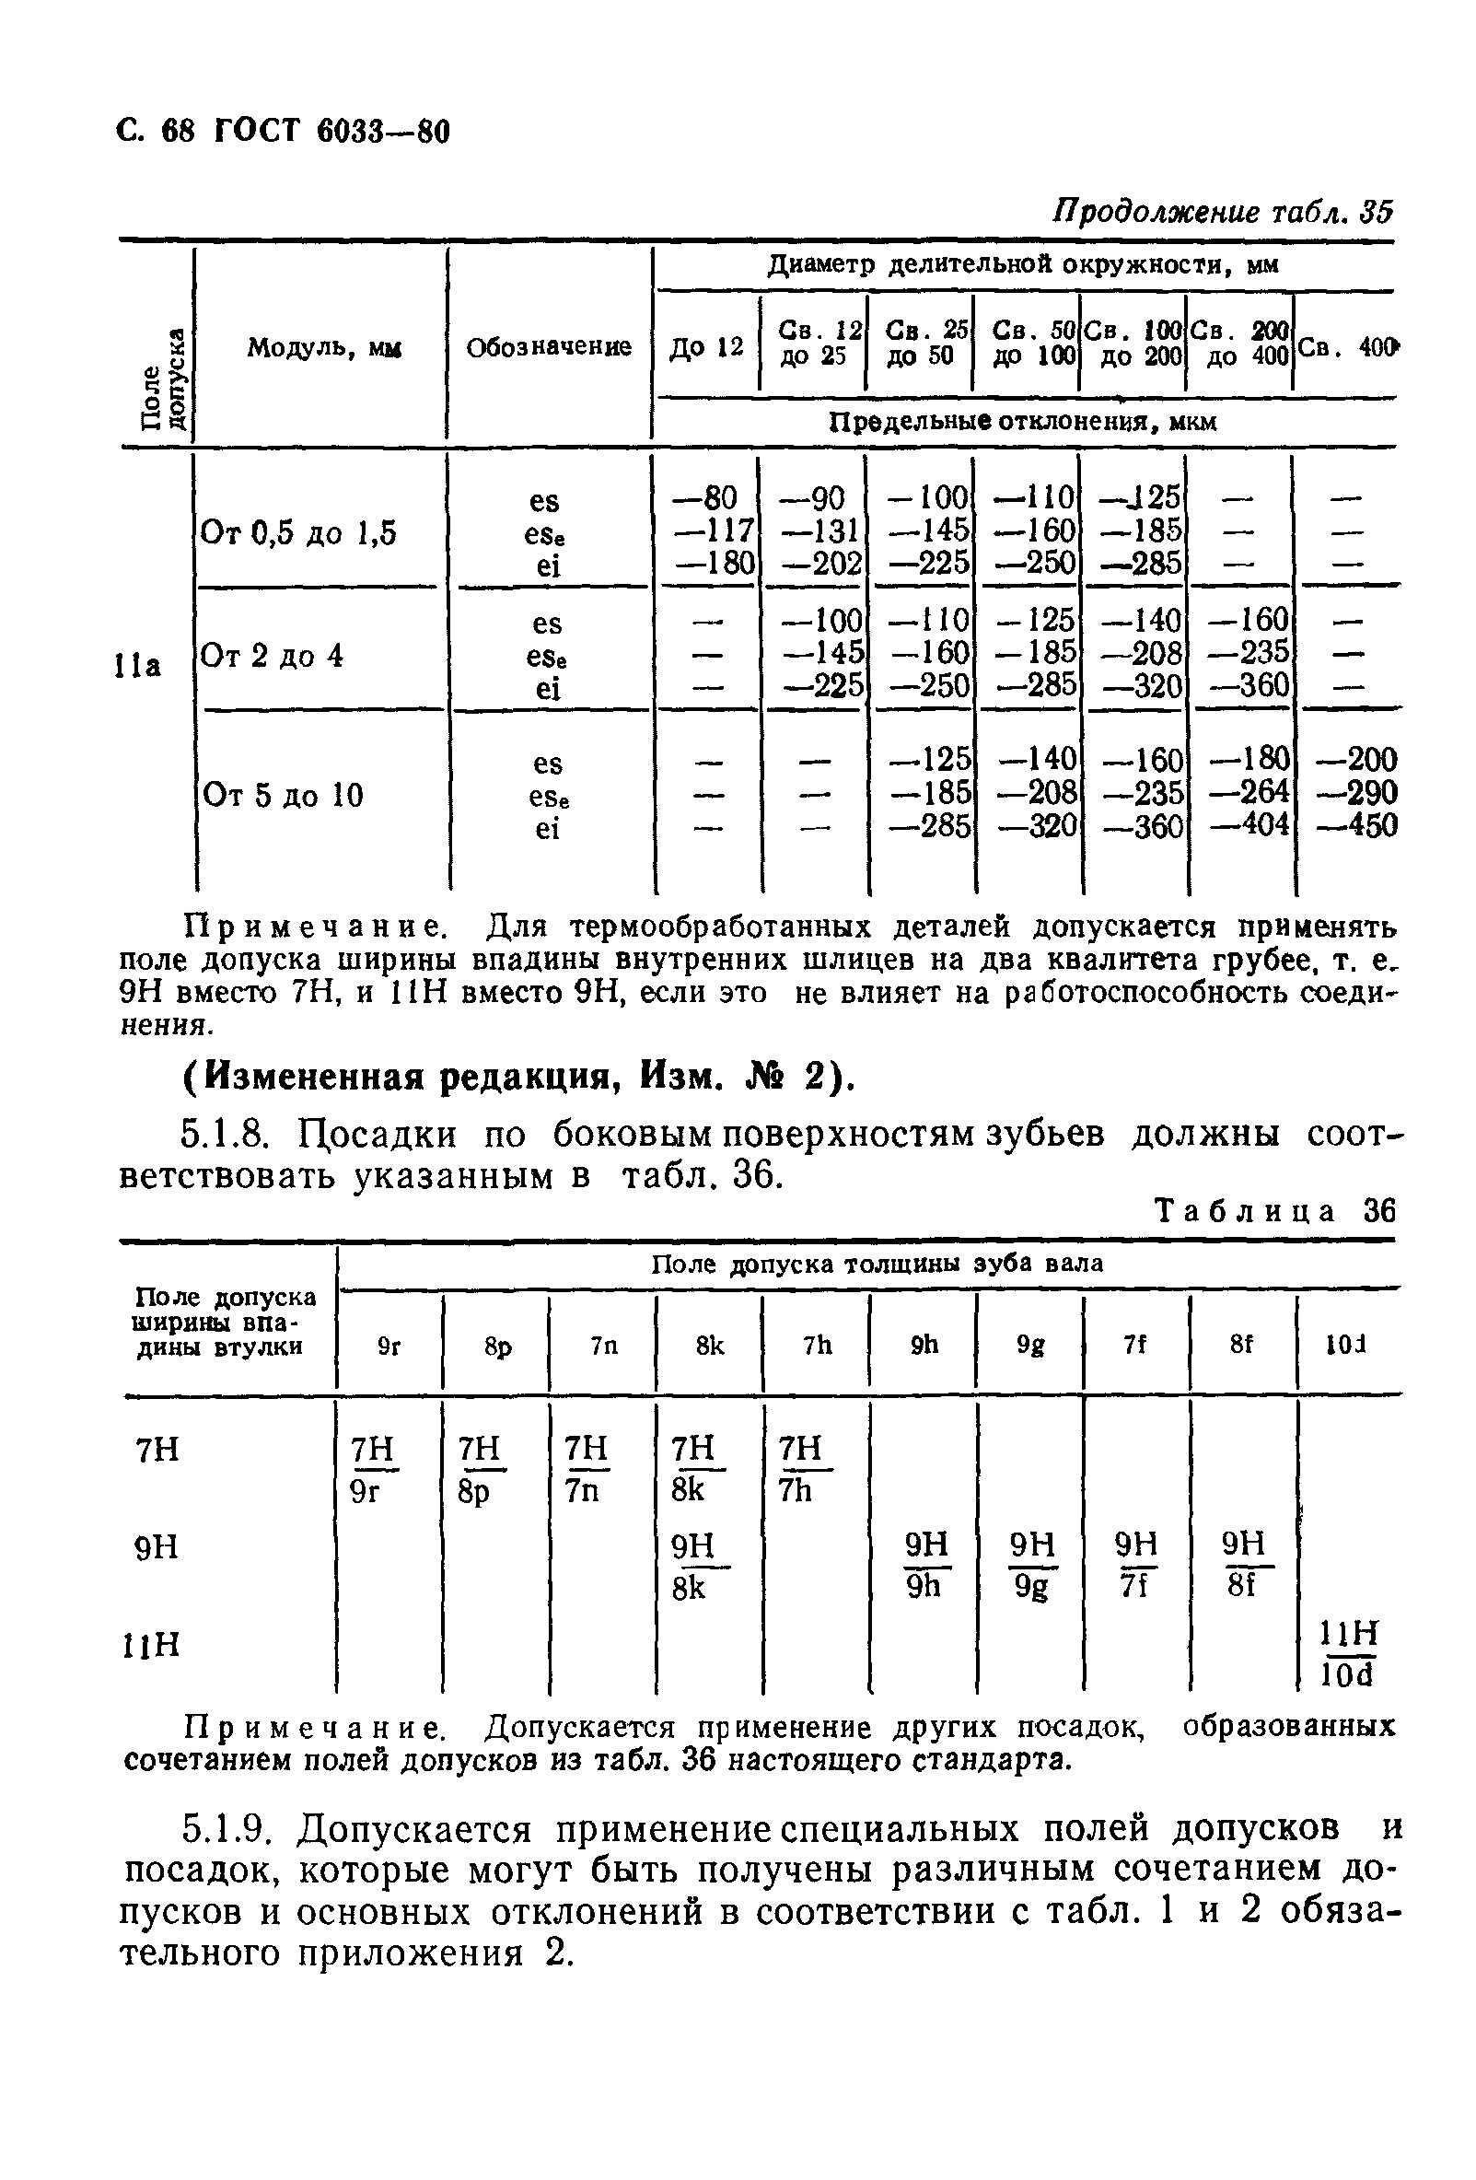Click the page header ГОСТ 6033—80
click(x=282, y=132)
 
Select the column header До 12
click(x=705, y=348)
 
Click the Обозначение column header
click(x=549, y=348)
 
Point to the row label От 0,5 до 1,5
click(x=299, y=534)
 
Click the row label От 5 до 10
click(x=283, y=796)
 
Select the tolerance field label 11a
click(x=138, y=665)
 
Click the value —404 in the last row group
click(x=1249, y=825)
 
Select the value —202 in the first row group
click(x=812, y=563)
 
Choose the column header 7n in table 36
click(x=604, y=1346)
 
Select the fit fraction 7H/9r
click(x=372, y=1470)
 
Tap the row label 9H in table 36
click(x=157, y=1547)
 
